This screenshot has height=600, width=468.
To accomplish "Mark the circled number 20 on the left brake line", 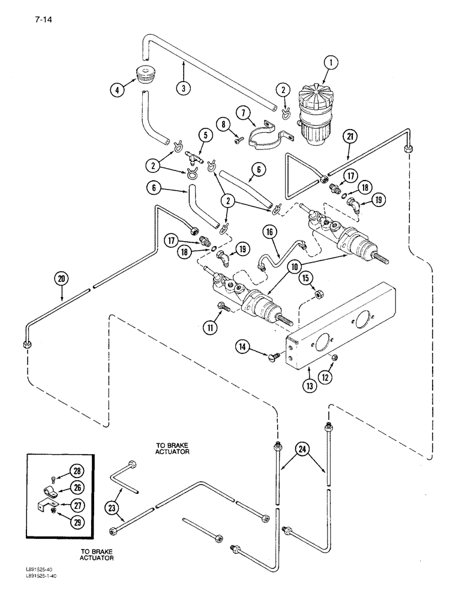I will click(60, 278).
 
